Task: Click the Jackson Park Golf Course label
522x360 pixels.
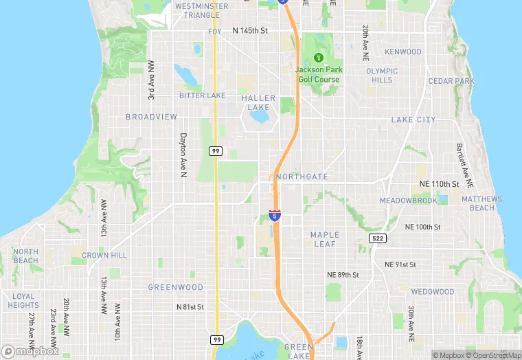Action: tap(319, 74)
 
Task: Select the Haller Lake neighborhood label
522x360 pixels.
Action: tap(259, 102)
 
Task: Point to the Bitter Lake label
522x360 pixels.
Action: tap(202, 95)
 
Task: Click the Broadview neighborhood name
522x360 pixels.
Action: tap(151, 117)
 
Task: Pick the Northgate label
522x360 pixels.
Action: tap(302, 177)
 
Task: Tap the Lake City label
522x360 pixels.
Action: tap(413, 120)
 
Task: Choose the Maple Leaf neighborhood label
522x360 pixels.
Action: tap(324, 239)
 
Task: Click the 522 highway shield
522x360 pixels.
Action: tap(378, 238)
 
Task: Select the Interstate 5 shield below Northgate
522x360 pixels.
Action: tap(275, 216)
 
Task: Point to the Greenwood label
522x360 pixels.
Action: tap(176, 287)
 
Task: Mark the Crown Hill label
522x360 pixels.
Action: tap(104, 255)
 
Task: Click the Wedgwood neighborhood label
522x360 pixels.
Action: tap(433, 291)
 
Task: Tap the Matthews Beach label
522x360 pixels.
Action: tap(481, 203)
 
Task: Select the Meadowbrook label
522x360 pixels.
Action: tap(408, 201)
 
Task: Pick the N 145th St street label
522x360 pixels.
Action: tap(259, 31)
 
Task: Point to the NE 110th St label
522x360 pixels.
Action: tap(439, 184)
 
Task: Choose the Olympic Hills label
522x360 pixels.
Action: tap(382, 75)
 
